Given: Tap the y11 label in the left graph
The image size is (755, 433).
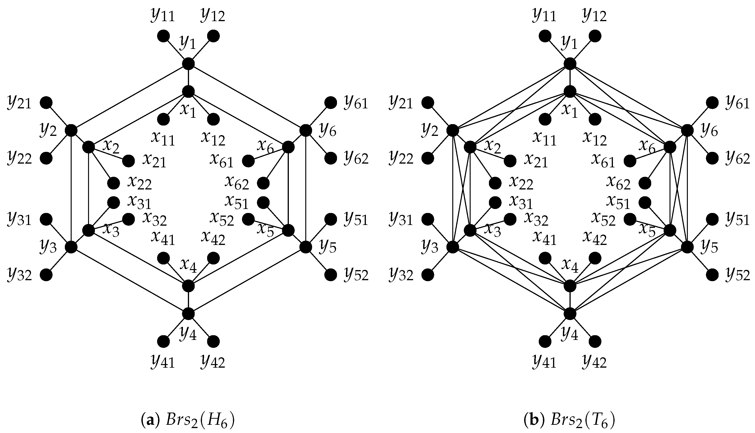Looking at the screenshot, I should pyautogui.click(x=163, y=16).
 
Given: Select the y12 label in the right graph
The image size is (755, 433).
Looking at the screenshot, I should pyautogui.click(x=594, y=16).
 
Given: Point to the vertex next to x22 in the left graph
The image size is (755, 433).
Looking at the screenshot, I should pyautogui.click(x=113, y=183).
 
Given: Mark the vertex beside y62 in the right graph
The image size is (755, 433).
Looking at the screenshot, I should pyautogui.click(x=712, y=158).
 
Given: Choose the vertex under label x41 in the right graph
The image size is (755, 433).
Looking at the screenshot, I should pyautogui.click(x=545, y=258).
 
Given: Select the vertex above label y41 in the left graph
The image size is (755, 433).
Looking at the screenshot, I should pyautogui.click(x=163, y=341).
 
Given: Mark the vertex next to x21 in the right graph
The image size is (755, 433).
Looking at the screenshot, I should pyautogui.click(x=510, y=161).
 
